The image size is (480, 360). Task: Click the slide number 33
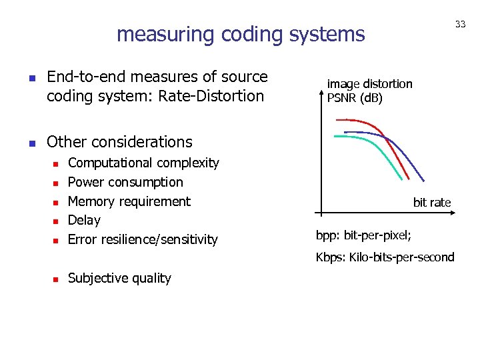[x=460, y=24]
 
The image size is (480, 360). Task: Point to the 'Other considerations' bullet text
[x=119, y=142]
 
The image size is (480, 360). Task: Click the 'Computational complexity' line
[x=143, y=163]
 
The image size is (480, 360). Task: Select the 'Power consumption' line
[x=125, y=182]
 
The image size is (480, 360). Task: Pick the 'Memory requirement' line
[x=129, y=201]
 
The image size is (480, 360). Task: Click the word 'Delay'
[x=84, y=220]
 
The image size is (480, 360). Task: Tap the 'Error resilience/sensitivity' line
[x=143, y=239]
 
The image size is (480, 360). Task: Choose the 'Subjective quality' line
[x=119, y=278]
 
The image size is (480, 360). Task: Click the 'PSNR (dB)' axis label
[x=355, y=98]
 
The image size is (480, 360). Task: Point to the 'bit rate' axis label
[x=432, y=202]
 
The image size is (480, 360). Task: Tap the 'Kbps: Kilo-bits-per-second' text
[x=385, y=257]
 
